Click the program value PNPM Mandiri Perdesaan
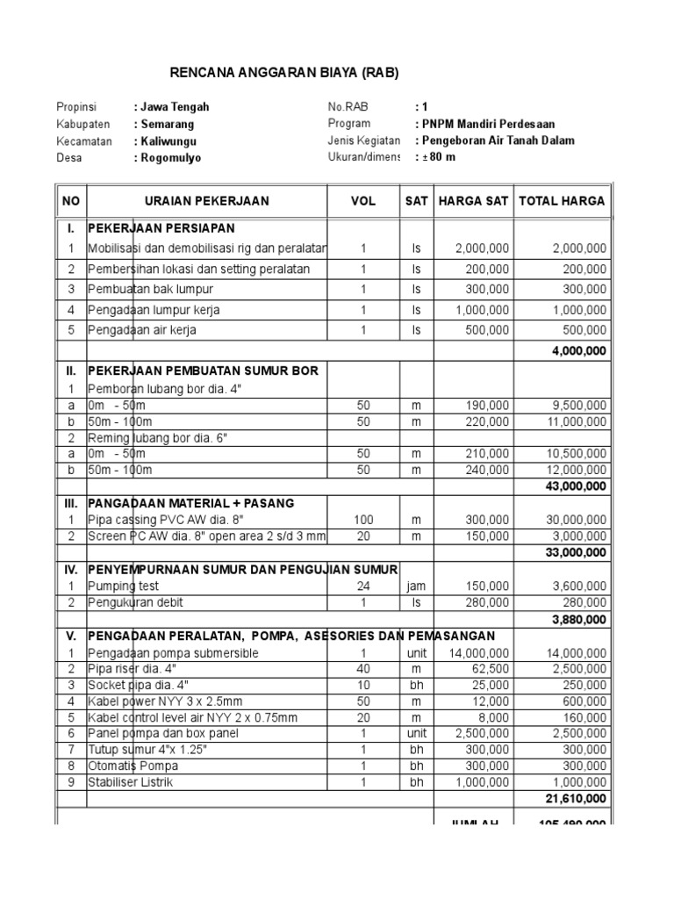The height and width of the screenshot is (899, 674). pyautogui.click(x=489, y=124)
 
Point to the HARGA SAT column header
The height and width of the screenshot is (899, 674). pyautogui.click(x=473, y=201)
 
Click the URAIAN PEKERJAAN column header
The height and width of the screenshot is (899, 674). pyautogui.click(x=207, y=201)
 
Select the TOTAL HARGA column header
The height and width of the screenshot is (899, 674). pyautogui.click(x=562, y=201)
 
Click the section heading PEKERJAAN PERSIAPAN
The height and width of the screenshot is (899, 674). pyautogui.click(x=161, y=227)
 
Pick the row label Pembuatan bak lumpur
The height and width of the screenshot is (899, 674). pyautogui.click(x=150, y=289)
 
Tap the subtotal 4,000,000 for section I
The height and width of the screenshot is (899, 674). pyautogui.click(x=576, y=350)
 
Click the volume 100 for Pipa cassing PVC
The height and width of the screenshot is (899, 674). pyautogui.click(x=363, y=520)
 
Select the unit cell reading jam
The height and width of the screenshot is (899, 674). pyautogui.click(x=416, y=586)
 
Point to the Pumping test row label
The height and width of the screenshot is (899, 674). pyautogui.click(x=124, y=586)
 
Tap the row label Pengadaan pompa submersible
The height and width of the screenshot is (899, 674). pyautogui.click(x=173, y=653)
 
